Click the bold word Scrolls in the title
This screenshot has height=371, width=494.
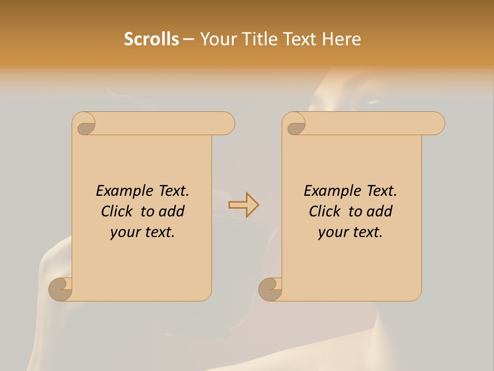click(151, 39)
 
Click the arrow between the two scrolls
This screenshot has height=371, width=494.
click(244, 205)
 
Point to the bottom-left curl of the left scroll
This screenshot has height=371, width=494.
click(61, 289)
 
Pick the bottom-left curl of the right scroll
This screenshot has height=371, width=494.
click(270, 289)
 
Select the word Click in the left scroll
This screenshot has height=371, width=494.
click(118, 212)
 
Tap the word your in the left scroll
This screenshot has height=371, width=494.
click(125, 233)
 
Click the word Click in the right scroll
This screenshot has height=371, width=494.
click(325, 212)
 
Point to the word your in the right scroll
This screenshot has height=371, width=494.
click(333, 233)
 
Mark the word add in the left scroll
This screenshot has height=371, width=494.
click(172, 212)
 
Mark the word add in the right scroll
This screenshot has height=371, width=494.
click(380, 212)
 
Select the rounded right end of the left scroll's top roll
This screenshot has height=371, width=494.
click(227, 124)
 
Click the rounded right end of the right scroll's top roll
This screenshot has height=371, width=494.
click(437, 124)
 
